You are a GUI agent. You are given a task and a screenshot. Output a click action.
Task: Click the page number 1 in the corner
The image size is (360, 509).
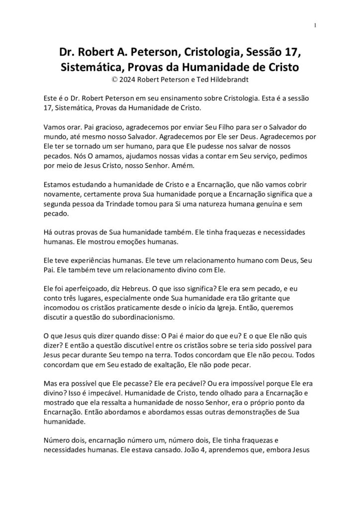click(x=316, y=25)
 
